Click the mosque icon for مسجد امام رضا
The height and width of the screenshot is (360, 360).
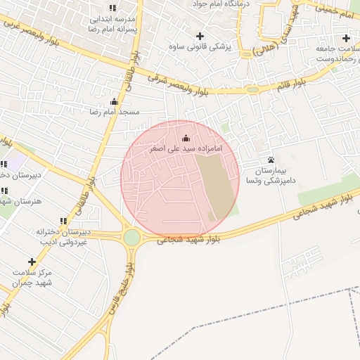click(x=115, y=102)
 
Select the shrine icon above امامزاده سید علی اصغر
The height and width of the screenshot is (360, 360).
click(x=186, y=139)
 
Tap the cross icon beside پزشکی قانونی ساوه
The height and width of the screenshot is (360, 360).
click(x=200, y=36)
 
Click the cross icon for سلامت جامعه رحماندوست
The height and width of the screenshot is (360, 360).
click(x=345, y=38)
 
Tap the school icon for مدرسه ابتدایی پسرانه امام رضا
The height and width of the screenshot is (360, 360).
click(x=113, y=8)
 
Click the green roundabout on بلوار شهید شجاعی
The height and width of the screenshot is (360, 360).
click(x=131, y=238)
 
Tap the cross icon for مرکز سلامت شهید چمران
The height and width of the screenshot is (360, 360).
click(x=31, y=262)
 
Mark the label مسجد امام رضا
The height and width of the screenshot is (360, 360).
click(x=114, y=112)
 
